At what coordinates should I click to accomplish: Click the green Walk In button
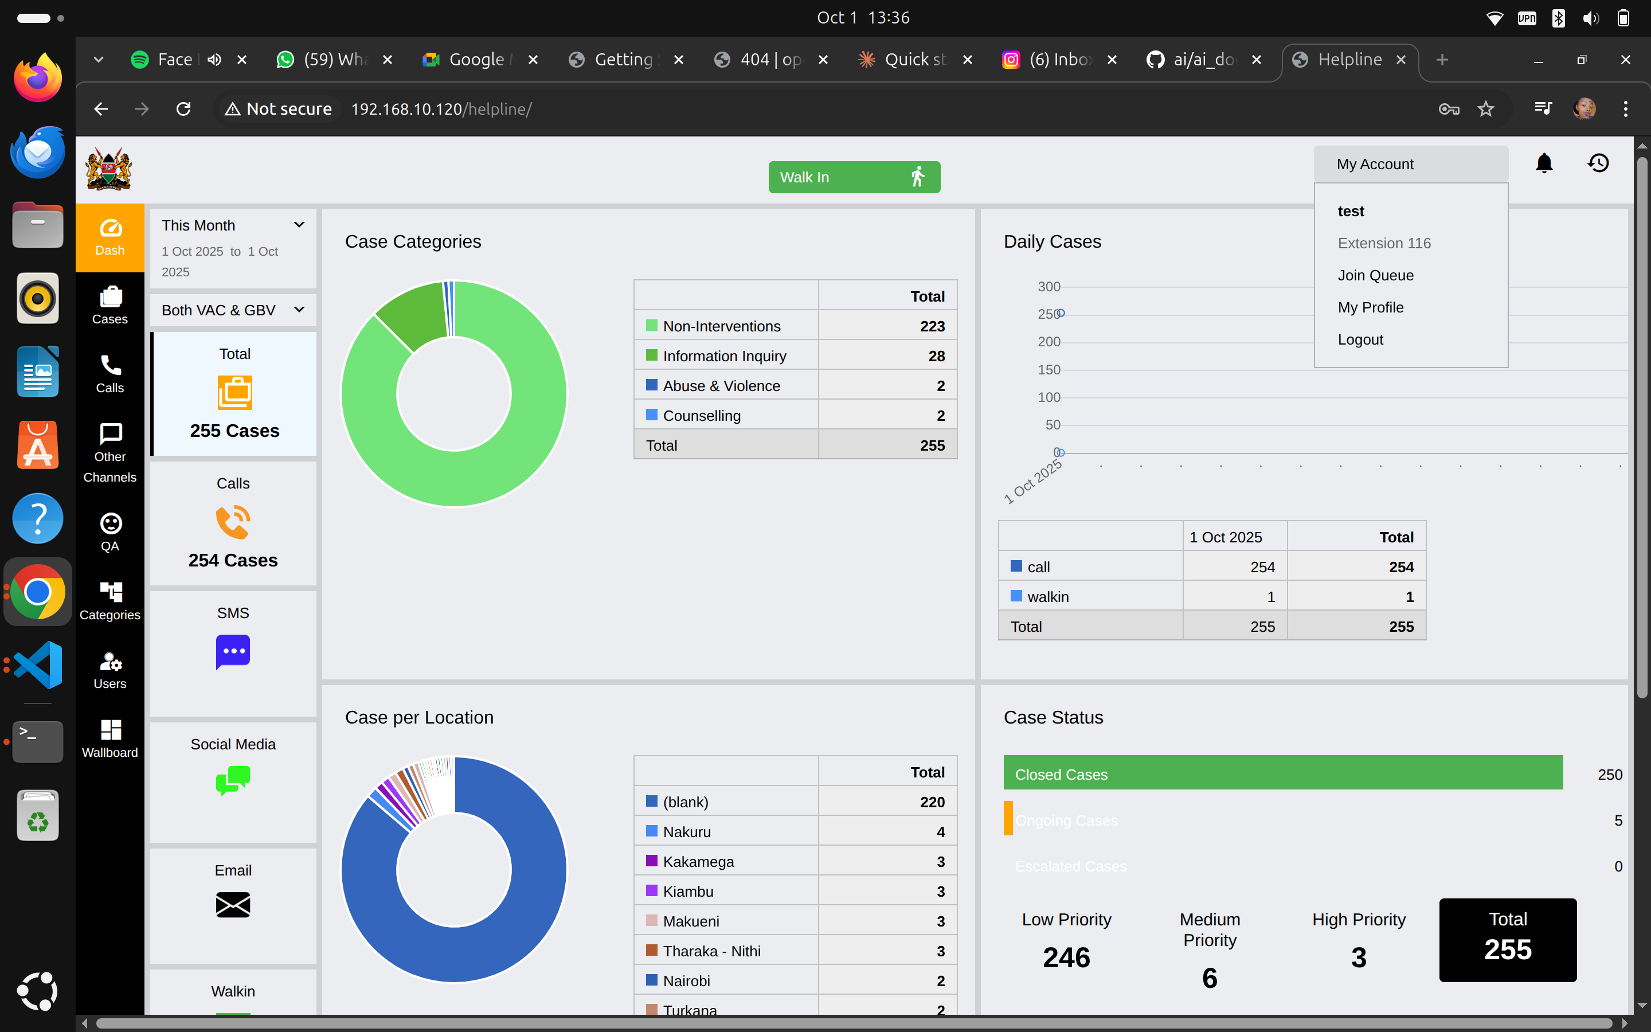point(854,178)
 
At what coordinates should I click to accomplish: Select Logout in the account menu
point(1360,340)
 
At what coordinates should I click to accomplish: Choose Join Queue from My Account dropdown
point(1375,276)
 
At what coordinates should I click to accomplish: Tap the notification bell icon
point(1544,163)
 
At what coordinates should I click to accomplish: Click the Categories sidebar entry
point(110,601)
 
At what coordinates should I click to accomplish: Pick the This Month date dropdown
point(233,225)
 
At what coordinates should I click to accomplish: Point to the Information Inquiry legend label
point(724,356)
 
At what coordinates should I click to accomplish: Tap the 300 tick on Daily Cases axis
point(1048,287)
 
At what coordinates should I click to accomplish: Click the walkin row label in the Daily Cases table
point(1047,597)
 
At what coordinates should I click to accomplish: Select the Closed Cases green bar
point(1282,773)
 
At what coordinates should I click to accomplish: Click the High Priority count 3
point(1358,957)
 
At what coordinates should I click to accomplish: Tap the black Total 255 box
point(1507,940)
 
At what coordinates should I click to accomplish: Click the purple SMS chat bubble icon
point(233,651)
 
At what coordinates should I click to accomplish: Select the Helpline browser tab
point(1349,60)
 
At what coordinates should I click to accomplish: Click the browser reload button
point(183,109)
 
